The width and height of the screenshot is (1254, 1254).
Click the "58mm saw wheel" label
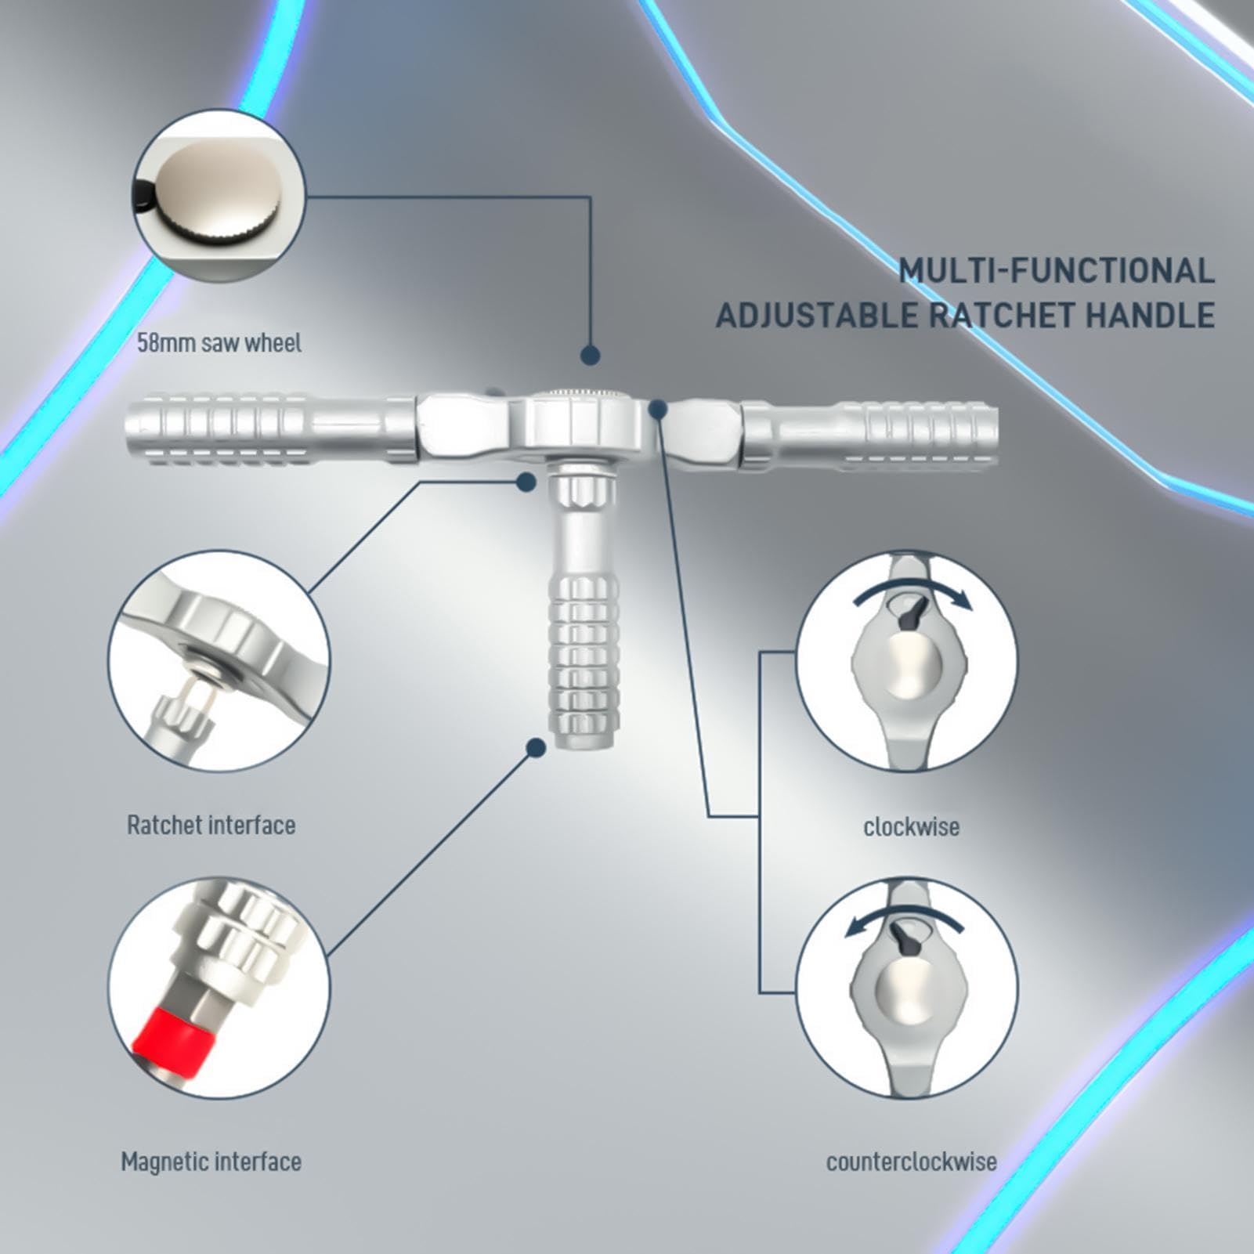tap(219, 343)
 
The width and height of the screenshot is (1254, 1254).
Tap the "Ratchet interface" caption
tap(211, 825)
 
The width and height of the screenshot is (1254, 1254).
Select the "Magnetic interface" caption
tap(211, 1161)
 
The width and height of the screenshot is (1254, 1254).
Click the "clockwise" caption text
tap(911, 826)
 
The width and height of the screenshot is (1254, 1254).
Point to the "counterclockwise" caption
tap(912, 1161)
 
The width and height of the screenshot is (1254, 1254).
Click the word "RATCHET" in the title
tap(1002, 316)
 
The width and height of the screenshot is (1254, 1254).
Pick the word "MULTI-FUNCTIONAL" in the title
tap(1057, 271)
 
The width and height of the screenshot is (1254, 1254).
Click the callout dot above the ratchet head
tap(590, 356)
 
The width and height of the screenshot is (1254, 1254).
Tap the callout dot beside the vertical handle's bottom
tap(536, 748)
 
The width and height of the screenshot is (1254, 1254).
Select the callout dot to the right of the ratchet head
tap(658, 409)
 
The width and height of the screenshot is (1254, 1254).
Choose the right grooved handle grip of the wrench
tap(869, 435)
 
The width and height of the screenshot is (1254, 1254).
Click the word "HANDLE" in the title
tap(1151, 316)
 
